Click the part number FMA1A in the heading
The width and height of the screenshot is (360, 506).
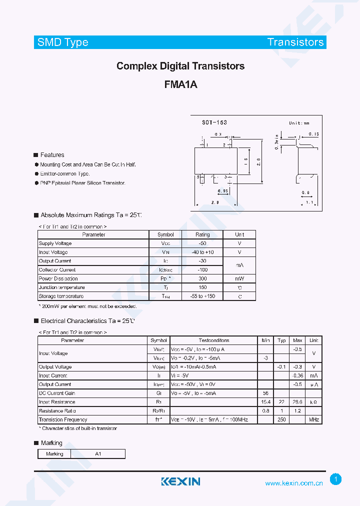[180, 84]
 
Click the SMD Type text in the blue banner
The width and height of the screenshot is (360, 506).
[63, 42]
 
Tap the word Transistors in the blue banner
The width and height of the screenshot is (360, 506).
[295, 42]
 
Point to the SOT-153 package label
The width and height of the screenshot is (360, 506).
[214, 122]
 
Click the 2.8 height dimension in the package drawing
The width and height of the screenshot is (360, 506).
[258, 162]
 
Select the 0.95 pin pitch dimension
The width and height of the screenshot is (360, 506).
[223, 190]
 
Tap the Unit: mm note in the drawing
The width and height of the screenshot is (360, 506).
[299, 123]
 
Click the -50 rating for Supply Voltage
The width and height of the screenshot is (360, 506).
[202, 243]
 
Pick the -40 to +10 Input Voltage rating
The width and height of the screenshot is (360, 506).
[202, 252]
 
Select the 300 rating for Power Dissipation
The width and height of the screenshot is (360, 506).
[202, 278]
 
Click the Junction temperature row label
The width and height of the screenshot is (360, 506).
[61, 287]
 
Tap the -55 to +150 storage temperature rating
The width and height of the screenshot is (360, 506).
[202, 296]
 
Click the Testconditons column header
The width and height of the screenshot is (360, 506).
[214, 340]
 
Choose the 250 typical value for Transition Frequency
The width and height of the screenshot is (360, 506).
[281, 419]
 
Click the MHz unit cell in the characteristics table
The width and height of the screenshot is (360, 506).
[313, 419]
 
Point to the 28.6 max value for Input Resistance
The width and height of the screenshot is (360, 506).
[297, 402]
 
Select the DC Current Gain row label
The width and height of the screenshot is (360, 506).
[57, 393]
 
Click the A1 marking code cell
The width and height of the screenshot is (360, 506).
[98, 454]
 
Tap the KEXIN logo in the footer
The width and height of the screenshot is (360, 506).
[180, 481]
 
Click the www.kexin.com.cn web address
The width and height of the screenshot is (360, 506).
[293, 483]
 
